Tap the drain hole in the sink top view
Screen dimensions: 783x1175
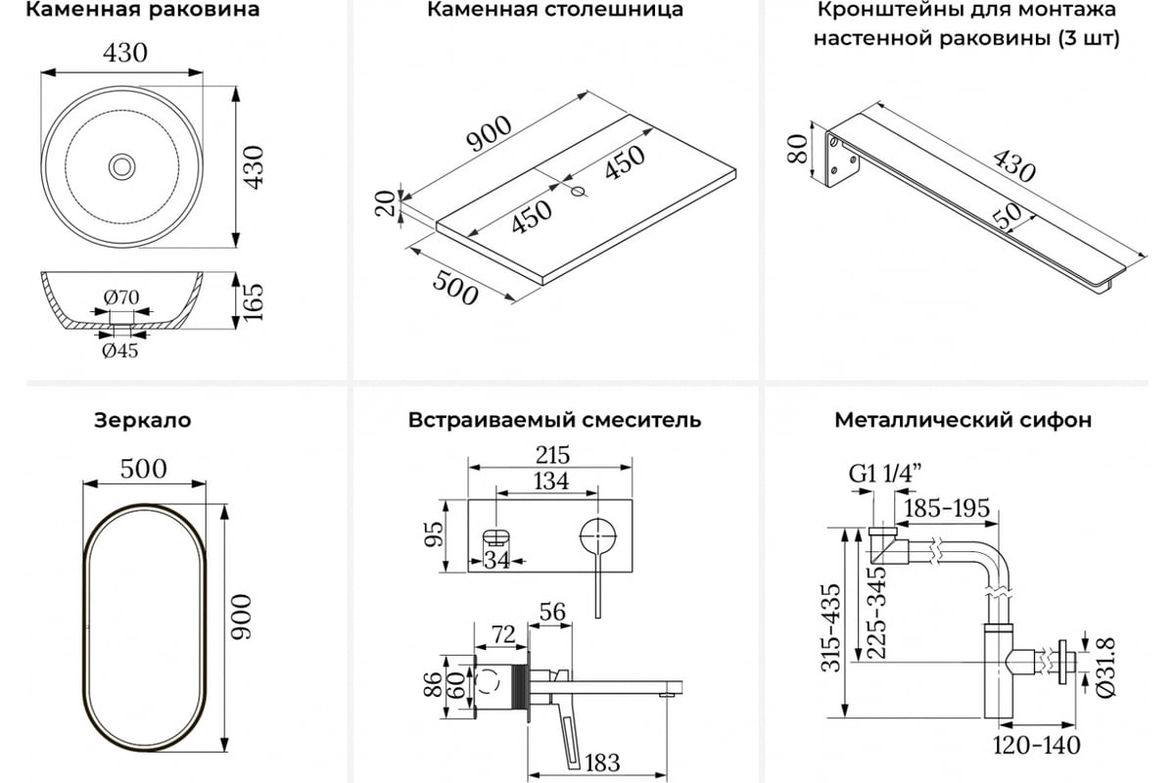122,166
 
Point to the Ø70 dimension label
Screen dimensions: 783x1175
122,298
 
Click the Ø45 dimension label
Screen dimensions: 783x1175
120,351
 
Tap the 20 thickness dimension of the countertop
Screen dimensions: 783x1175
386,204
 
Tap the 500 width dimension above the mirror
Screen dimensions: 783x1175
143,469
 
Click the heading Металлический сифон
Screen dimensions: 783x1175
963,421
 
